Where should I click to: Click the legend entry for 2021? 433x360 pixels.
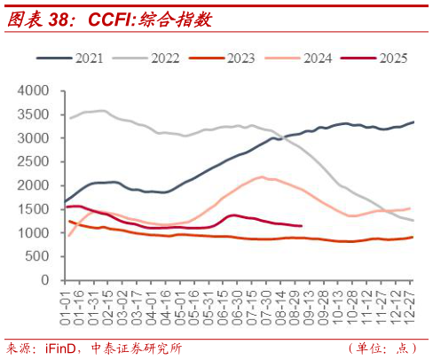click(x=88, y=59)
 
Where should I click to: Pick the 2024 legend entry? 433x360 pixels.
click(x=318, y=59)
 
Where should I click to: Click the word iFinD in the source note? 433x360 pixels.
click(x=61, y=347)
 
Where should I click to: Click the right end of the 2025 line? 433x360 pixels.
click(x=303, y=226)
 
